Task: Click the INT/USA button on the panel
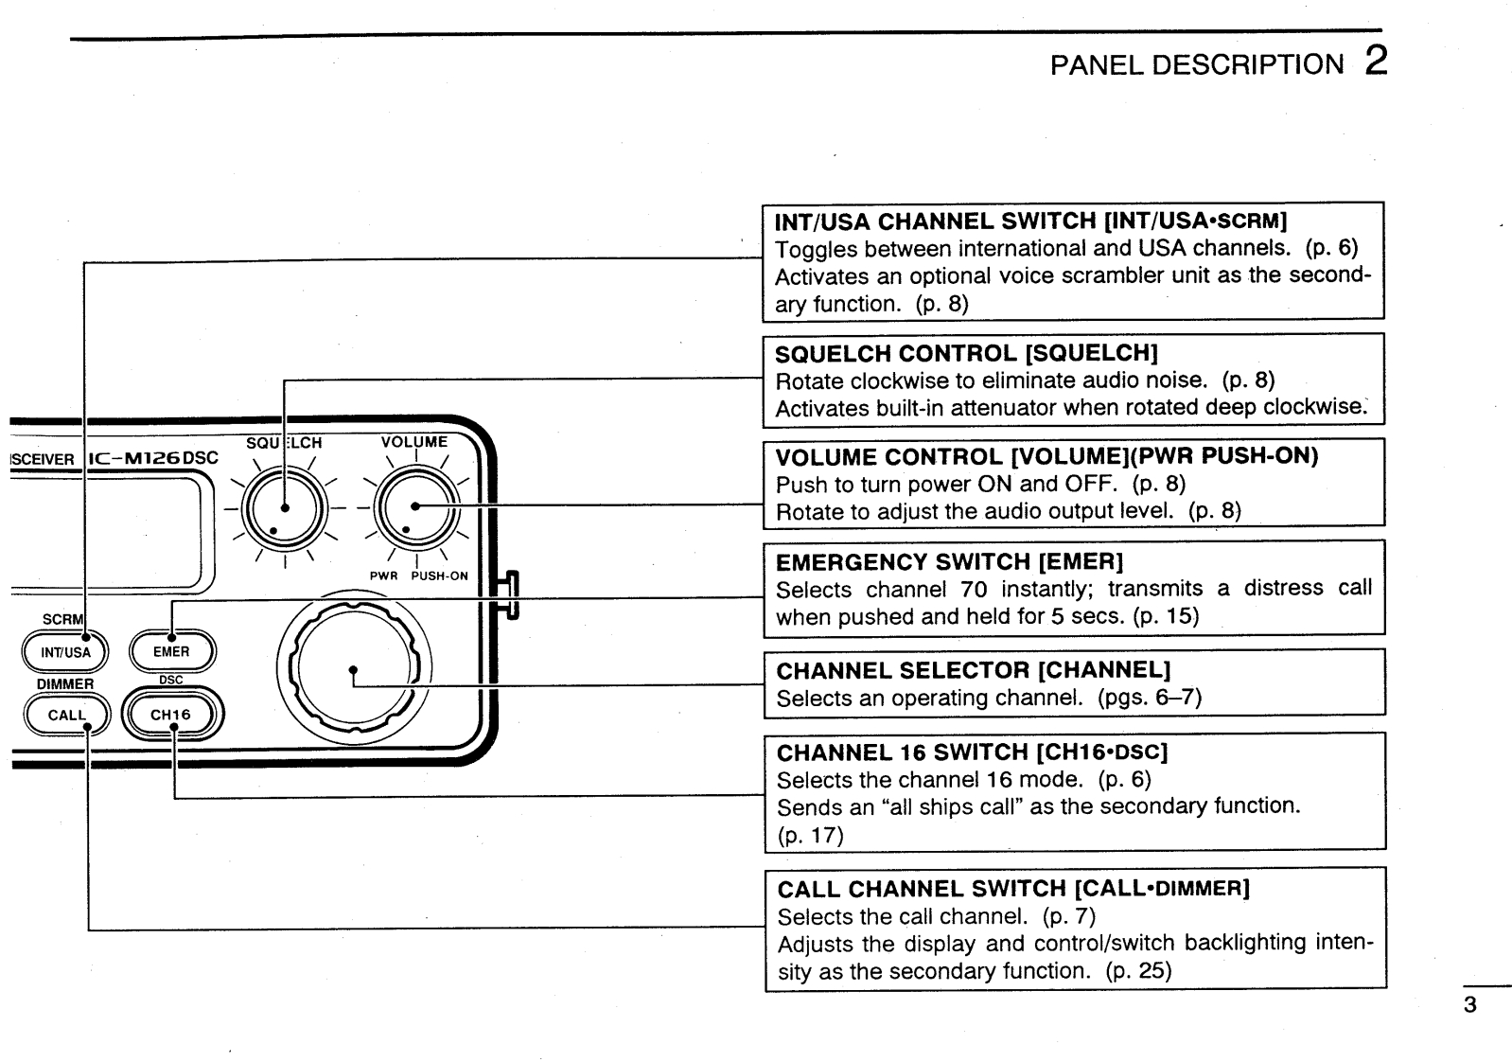(65, 652)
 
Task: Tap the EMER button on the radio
(171, 651)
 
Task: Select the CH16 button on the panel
(171, 715)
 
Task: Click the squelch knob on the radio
(284, 507)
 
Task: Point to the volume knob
(415, 507)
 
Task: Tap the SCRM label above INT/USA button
(62, 620)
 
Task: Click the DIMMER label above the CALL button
(65, 683)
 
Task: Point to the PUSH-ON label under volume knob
(439, 575)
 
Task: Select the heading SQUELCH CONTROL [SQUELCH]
(966, 354)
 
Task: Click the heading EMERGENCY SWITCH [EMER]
(949, 562)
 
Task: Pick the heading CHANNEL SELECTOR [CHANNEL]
(973, 671)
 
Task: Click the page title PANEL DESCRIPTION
(1196, 64)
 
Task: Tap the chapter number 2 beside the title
(1376, 62)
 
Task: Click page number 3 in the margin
(1469, 1005)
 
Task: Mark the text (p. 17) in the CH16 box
(809, 835)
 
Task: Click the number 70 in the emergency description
(974, 590)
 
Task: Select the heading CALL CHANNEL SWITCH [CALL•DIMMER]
(1013, 890)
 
